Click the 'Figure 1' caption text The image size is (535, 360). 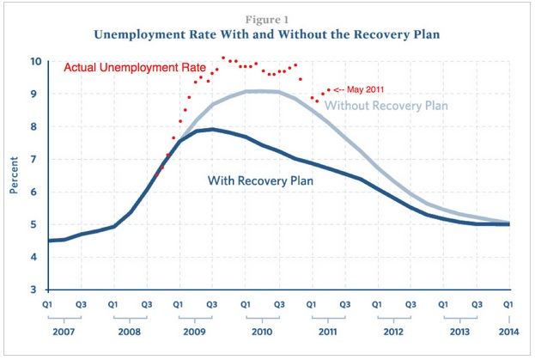[x=268, y=15]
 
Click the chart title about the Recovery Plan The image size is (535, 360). [x=268, y=34]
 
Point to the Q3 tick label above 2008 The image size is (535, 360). [x=146, y=305]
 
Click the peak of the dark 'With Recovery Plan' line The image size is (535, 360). [x=212, y=130]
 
